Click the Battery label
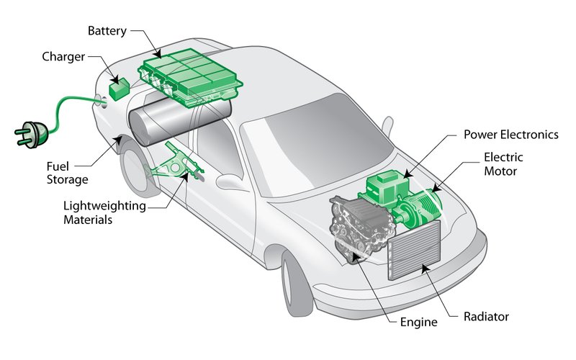(107, 31)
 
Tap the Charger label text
(63, 57)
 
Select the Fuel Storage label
(67, 173)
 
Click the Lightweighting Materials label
(104, 212)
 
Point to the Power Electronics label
(511, 135)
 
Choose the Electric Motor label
(503, 164)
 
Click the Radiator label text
(486, 317)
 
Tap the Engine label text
(419, 322)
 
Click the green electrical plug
(32, 134)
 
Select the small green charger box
(120, 89)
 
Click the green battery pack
(190, 78)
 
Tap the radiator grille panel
(414, 250)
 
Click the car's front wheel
(296, 282)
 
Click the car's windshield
(317, 144)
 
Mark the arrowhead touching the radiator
(426, 269)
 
